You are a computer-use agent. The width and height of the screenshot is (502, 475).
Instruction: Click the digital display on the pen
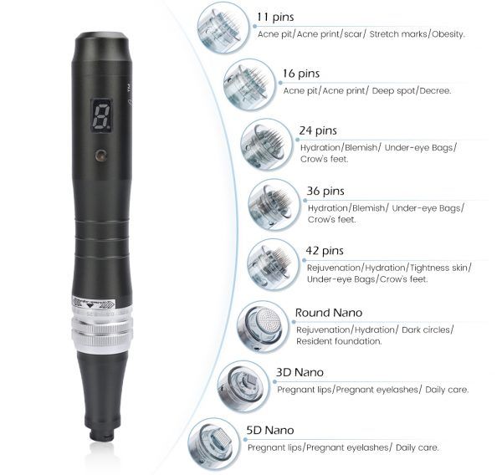(102, 115)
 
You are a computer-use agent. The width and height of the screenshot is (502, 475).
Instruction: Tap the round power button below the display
(101, 155)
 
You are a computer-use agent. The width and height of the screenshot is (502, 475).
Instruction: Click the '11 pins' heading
(275, 17)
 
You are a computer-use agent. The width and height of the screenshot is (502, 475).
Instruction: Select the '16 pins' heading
(301, 74)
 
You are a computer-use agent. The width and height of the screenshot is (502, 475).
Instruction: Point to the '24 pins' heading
(318, 130)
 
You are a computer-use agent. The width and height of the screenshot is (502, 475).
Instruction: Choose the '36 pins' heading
(325, 192)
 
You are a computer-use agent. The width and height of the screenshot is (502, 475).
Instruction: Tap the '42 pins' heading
(325, 251)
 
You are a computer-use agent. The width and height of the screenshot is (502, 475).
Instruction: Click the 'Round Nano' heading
(329, 313)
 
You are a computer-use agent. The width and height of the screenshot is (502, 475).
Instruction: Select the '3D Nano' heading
(300, 372)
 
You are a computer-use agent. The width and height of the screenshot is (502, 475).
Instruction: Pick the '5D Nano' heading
(270, 430)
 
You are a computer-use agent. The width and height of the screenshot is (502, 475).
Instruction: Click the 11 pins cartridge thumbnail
(223, 28)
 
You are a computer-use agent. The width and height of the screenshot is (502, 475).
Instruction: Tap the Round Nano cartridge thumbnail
(264, 327)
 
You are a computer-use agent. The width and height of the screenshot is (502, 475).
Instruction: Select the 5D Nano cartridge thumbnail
(214, 444)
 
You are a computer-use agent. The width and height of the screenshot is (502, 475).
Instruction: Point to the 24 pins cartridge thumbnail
(267, 145)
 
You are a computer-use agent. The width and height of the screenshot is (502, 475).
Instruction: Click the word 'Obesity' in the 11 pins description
(448, 34)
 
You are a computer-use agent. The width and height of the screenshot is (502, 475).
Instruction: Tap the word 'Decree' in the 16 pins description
(435, 91)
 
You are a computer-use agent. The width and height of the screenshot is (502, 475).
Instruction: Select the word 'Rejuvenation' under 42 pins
(334, 268)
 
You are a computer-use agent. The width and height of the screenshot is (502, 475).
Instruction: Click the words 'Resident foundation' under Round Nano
(339, 341)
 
